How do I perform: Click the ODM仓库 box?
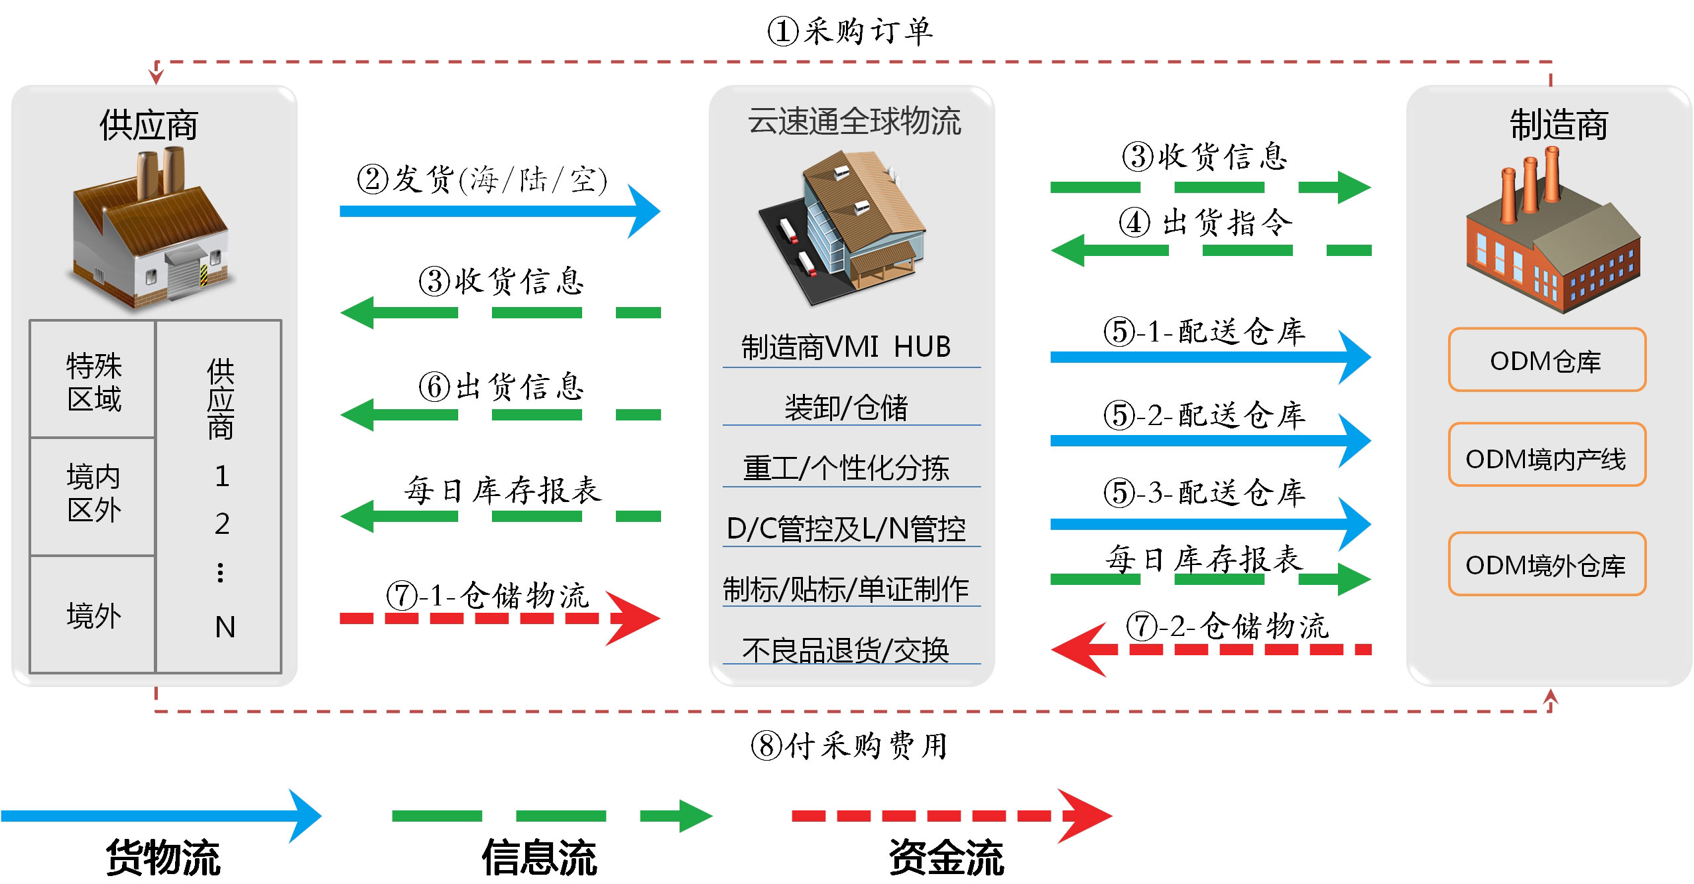click(x=1547, y=359)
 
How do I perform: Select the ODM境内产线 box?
click(x=1547, y=455)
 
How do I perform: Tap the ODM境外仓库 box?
click(x=1547, y=564)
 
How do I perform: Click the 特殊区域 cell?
click(x=93, y=379)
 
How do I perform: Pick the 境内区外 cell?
click(x=93, y=496)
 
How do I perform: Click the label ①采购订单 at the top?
click(x=850, y=31)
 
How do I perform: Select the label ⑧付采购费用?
click(x=849, y=745)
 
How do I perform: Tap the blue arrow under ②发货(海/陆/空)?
click(x=500, y=212)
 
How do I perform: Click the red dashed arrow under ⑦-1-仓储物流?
click(x=500, y=619)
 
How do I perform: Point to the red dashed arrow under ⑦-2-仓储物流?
click(x=1211, y=649)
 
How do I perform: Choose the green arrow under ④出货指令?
click(x=1211, y=250)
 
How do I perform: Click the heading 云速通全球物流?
click(x=854, y=121)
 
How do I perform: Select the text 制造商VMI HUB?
click(x=846, y=347)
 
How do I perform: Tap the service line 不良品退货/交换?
click(x=846, y=650)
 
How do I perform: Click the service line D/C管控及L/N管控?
click(x=846, y=529)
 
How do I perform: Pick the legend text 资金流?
click(x=946, y=857)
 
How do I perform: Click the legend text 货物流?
click(x=163, y=857)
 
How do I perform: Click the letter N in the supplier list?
click(x=225, y=627)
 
